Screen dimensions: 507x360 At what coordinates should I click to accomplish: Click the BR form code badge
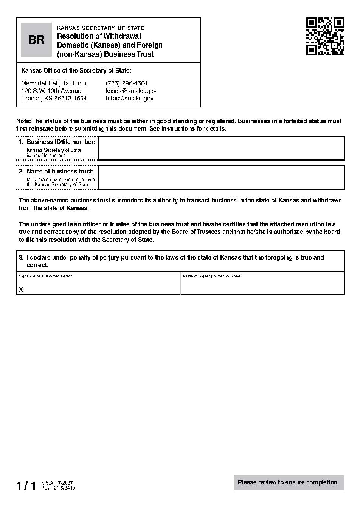36,40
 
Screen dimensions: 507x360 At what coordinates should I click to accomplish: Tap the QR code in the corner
325,36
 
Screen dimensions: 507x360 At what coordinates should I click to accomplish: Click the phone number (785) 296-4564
127,83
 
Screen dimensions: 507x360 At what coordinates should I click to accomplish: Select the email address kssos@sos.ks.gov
131,91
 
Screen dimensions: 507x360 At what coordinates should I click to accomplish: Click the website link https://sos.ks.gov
129,98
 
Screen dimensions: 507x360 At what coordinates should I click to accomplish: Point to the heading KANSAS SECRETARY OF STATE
100,28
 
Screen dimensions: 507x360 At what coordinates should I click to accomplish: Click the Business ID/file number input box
221,148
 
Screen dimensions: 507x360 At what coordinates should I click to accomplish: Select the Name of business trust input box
221,178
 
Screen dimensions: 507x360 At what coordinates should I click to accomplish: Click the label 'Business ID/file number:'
61,142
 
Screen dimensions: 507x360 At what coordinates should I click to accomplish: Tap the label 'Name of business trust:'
60,172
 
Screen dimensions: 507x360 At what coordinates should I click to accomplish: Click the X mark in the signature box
21,289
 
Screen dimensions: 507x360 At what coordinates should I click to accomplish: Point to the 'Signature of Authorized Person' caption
46,276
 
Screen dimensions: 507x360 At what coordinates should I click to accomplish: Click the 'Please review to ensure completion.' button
289,482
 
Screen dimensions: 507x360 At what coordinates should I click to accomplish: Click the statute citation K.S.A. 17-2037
57,483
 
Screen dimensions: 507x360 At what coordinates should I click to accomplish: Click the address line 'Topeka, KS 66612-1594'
54,98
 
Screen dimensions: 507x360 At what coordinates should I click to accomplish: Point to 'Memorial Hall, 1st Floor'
54,83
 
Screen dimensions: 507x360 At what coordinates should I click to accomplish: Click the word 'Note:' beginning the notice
23,121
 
